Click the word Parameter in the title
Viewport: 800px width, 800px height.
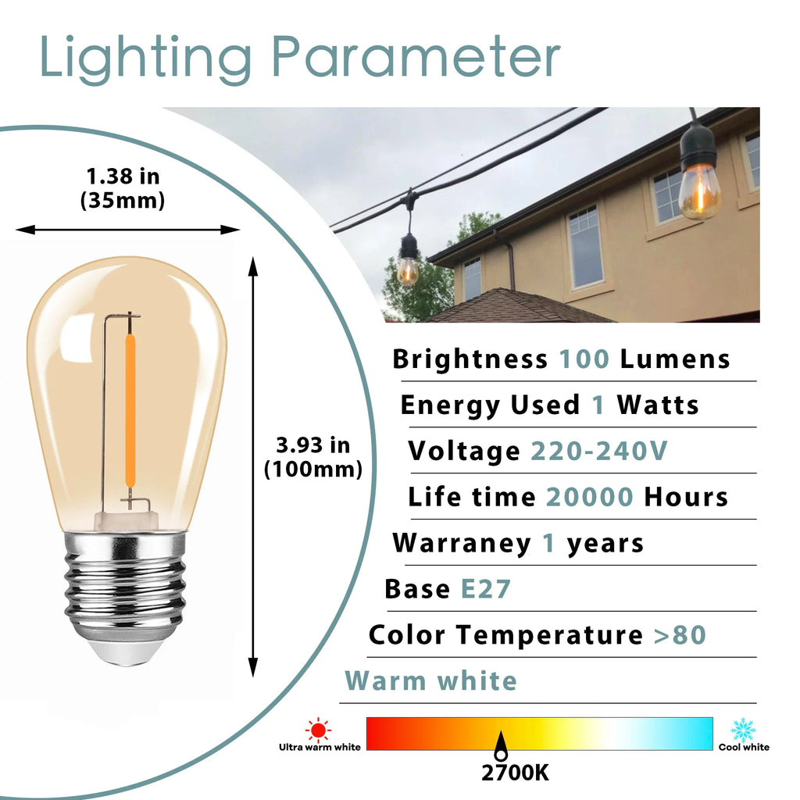416,56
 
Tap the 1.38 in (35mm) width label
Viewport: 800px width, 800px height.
123,188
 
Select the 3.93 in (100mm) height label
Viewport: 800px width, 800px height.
312,457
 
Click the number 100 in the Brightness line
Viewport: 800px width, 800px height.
584,359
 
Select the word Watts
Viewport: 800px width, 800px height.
658,405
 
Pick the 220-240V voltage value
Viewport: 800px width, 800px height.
599,451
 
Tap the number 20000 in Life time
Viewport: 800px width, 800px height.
589,497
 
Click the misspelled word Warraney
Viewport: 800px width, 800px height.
462,544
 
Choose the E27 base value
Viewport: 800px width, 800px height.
486,589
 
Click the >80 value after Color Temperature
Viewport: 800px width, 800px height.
680,635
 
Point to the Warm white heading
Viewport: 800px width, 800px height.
431,681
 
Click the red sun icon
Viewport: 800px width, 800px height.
319,730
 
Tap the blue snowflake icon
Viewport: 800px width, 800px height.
743,730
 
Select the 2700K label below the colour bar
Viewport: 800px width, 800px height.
516,773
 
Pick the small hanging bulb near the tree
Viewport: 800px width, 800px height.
408,259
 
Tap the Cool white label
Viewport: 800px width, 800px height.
744,748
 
